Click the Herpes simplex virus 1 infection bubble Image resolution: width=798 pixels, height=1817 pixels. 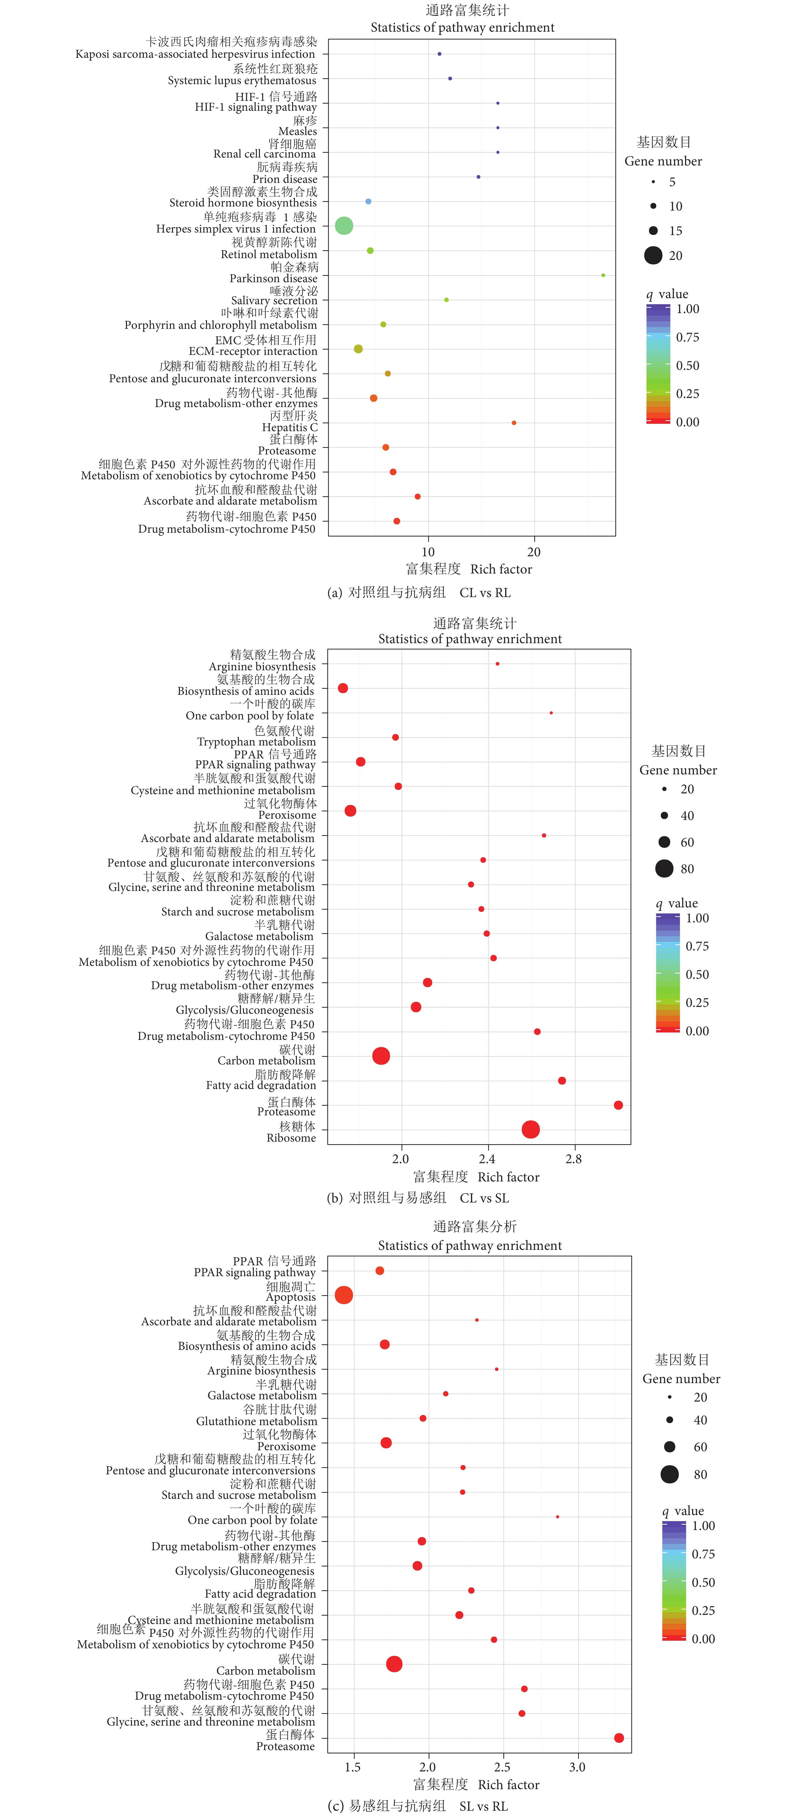tap(344, 226)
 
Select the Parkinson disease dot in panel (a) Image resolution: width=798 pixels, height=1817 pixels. tap(603, 275)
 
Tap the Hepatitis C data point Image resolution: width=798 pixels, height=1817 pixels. tap(514, 423)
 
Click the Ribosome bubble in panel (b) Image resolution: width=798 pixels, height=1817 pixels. tap(530, 1129)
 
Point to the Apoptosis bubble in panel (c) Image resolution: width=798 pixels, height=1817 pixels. tap(344, 1295)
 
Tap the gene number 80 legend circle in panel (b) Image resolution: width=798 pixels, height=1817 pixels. tap(664, 868)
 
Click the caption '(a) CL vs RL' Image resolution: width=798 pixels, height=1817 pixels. tap(419, 592)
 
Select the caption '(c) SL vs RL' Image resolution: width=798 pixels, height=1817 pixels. tap(418, 1806)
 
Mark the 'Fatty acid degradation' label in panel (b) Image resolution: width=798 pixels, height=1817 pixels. tap(261, 1085)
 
